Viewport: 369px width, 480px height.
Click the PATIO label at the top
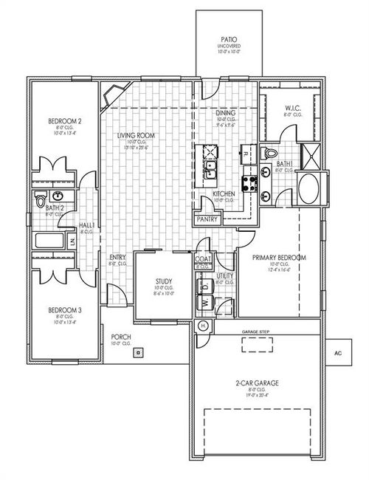click(228, 38)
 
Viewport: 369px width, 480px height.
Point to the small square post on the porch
click(137, 353)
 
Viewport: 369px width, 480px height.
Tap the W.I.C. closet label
click(292, 109)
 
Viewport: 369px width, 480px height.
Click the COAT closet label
click(204, 259)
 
